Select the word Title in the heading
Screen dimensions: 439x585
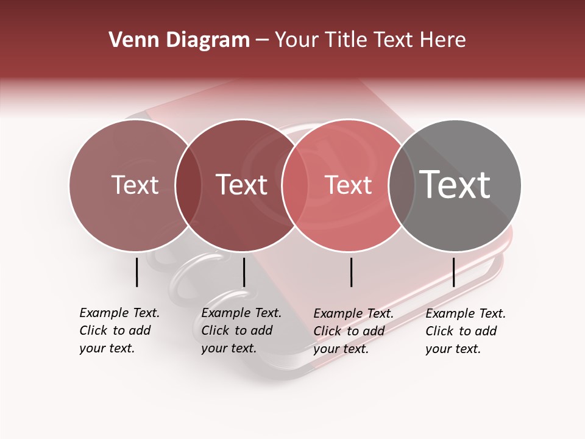[x=347, y=40]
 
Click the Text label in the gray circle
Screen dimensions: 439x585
[x=455, y=185]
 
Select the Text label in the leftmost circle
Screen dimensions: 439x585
[x=135, y=185]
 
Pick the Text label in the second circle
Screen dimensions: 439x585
[x=242, y=185]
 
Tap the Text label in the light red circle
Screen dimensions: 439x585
[x=348, y=185]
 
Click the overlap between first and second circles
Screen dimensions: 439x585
[x=188, y=185]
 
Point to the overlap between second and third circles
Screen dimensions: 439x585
[x=294, y=185]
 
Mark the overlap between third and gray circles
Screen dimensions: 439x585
[x=401, y=185]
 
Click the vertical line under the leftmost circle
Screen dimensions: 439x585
[x=136, y=272]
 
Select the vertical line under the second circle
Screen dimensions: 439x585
[x=244, y=272]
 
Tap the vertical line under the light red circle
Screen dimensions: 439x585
[x=352, y=272]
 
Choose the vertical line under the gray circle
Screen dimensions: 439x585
[x=453, y=272]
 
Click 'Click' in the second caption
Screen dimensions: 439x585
[x=215, y=330]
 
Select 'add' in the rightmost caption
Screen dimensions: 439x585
[x=486, y=331]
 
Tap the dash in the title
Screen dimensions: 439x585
[x=262, y=40]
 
